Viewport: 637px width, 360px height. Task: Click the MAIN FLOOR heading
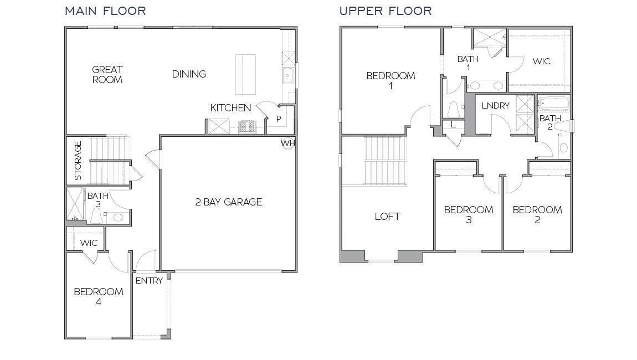(x=105, y=11)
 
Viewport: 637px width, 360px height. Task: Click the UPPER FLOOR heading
(x=386, y=11)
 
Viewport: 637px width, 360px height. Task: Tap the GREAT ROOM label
(x=107, y=74)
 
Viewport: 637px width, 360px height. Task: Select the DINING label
(x=189, y=74)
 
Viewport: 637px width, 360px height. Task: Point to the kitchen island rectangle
(x=245, y=74)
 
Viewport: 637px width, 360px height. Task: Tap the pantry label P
(x=279, y=119)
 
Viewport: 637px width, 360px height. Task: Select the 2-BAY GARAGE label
(x=228, y=202)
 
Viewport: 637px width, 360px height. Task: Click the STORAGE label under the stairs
(x=78, y=161)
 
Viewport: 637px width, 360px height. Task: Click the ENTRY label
(x=149, y=281)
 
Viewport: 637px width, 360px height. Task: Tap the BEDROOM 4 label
(x=99, y=297)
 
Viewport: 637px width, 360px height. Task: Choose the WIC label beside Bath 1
(x=541, y=61)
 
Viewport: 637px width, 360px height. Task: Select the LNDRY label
(x=495, y=105)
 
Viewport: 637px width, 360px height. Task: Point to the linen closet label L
(x=453, y=125)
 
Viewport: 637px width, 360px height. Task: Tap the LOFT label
(x=387, y=217)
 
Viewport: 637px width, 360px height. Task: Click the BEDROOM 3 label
(x=469, y=214)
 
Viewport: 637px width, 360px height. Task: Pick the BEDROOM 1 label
(x=391, y=80)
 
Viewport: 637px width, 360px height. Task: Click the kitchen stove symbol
(x=245, y=127)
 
